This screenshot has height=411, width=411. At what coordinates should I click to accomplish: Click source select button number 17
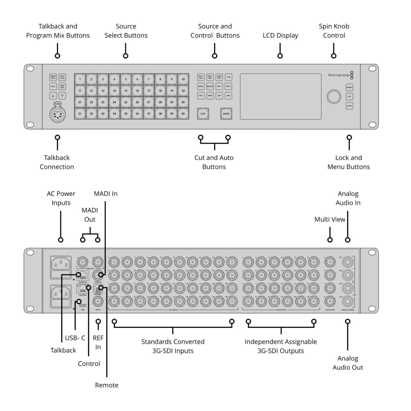click(149, 91)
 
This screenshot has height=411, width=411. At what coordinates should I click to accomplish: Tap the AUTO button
click(226, 114)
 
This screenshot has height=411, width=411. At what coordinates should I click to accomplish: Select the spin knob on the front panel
click(334, 97)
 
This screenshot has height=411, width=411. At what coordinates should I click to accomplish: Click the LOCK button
click(349, 106)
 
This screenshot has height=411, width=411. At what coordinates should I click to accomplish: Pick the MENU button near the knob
click(349, 87)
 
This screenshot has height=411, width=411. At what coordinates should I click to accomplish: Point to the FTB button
click(228, 77)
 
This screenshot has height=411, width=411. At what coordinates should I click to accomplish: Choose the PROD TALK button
click(53, 77)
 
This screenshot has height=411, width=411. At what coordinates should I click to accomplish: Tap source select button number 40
click(183, 114)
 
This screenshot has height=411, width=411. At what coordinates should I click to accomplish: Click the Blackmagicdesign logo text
click(339, 75)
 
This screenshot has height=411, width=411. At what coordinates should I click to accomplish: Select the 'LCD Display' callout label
click(280, 36)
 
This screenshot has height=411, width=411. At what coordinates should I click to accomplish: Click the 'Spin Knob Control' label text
click(334, 31)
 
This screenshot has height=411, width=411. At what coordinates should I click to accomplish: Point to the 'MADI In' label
click(105, 194)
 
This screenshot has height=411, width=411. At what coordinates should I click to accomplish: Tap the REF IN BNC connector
click(98, 301)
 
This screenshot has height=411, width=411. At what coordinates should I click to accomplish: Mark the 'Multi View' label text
click(330, 219)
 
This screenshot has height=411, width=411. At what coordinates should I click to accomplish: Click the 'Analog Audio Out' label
click(348, 363)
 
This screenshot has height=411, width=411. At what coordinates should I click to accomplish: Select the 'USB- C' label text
click(75, 338)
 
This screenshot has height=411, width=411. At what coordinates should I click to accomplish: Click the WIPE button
click(210, 96)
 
